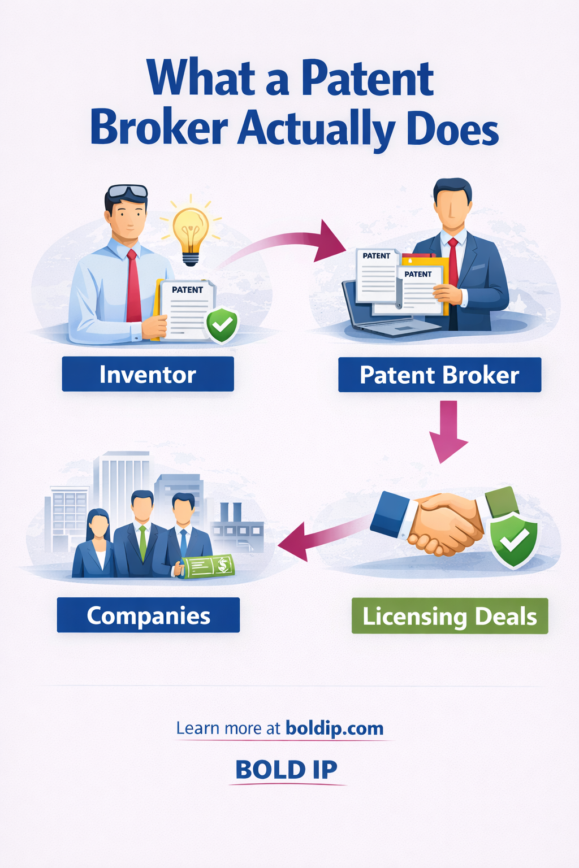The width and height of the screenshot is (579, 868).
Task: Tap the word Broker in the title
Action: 159,129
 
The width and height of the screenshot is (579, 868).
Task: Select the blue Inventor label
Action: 148,374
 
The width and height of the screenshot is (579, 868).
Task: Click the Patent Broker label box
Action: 439,375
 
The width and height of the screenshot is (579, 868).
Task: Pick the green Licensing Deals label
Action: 450,616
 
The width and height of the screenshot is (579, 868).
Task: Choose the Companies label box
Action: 148,615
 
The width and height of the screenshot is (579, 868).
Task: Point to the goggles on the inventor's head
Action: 127,191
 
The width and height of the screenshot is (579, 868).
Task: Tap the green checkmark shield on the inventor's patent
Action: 222,325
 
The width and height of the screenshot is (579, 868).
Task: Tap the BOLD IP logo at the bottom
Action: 286,770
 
